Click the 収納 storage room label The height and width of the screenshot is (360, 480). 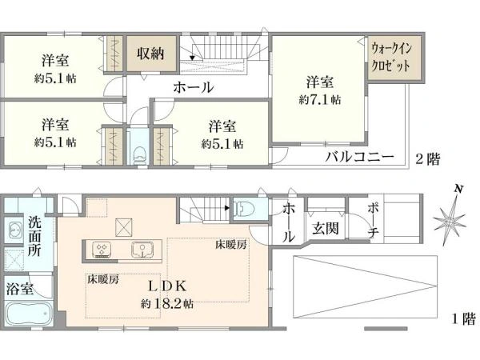[x=150, y=54]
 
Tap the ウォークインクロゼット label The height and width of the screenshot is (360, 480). [x=389, y=58]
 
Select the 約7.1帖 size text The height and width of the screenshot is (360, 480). [x=320, y=100]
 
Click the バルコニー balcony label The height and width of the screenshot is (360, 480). [x=358, y=156]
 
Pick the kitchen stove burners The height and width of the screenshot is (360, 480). [x=103, y=249]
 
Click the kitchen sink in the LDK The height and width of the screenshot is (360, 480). [x=142, y=249]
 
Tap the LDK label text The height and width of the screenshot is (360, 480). [x=166, y=286]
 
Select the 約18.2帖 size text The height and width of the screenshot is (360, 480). [x=166, y=304]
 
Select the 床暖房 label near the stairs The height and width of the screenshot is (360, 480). [x=230, y=244]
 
